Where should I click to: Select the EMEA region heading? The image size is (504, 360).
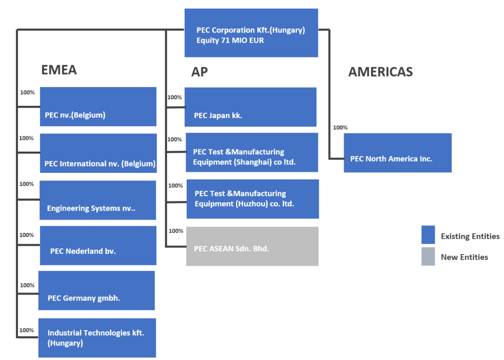pos(59,70)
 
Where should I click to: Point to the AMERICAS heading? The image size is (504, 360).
pos(380,72)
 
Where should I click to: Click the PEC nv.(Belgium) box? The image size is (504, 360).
pos(98,106)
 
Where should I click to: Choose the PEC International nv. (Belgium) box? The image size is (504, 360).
pos(98,153)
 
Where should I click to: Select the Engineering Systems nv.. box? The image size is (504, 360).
pos(98,200)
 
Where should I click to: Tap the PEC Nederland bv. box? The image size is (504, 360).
pos(98,245)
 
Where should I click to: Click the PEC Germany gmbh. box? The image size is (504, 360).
pos(97,291)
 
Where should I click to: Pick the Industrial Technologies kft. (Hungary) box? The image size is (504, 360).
pos(97,338)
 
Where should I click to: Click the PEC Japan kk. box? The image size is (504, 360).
pos(250,107)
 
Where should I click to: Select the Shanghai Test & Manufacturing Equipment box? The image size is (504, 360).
pos(251,152)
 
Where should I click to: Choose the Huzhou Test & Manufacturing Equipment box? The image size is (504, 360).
pos(253,199)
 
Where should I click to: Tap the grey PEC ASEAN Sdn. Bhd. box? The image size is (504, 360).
pos(252,246)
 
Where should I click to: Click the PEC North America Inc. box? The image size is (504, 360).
pos(398,153)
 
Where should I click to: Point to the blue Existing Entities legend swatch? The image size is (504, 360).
pos(428,235)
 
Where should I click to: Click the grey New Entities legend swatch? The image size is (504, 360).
pos(428,256)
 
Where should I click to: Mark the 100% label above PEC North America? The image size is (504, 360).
pos(340,128)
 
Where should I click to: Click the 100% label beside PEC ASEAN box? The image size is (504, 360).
pos(176,231)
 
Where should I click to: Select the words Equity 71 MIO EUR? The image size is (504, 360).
pos(230,40)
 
